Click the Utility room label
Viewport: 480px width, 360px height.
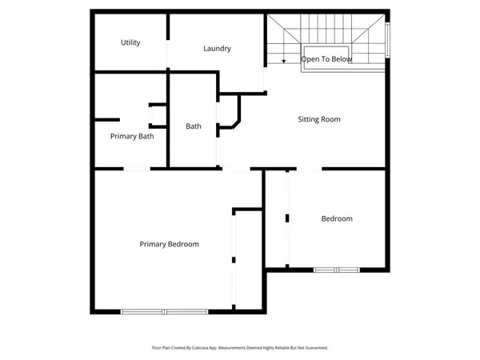tap(130, 42)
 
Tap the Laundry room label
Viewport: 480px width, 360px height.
tap(217, 49)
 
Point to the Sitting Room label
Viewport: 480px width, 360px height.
tap(319, 119)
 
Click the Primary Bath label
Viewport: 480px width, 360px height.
tap(132, 136)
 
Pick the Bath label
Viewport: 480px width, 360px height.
tap(194, 126)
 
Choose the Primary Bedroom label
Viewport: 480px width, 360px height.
tap(169, 244)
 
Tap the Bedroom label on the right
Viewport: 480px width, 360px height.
tap(337, 218)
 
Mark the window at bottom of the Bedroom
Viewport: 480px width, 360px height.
tap(338, 270)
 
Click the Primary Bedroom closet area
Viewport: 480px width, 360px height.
tap(247, 260)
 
